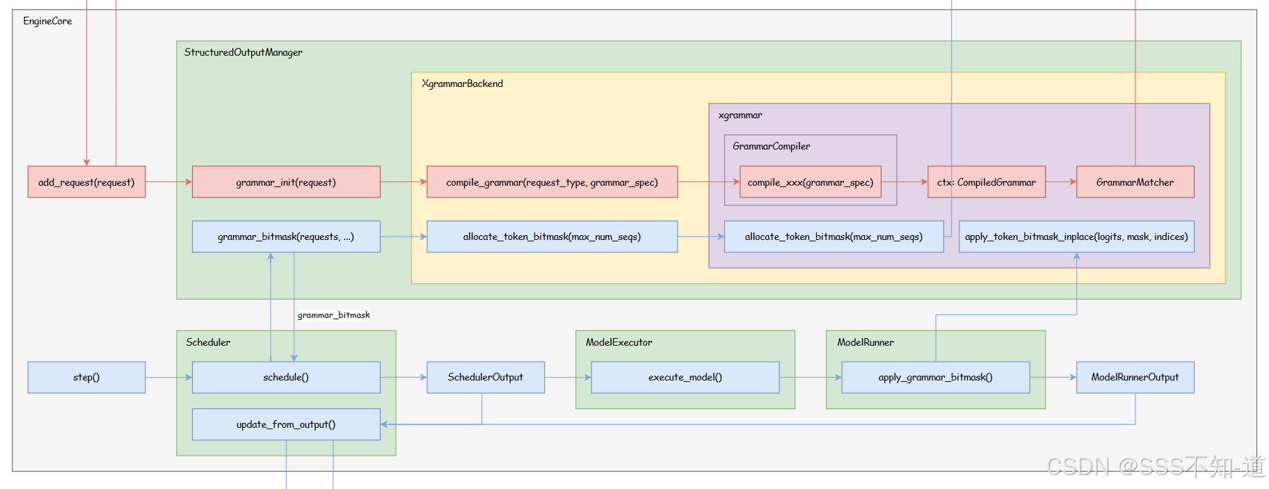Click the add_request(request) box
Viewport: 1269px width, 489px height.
pos(86,182)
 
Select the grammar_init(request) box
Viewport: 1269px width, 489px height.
pos(286,182)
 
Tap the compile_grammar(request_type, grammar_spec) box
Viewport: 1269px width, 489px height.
pos(552,182)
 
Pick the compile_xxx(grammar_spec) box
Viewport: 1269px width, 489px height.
pos(810,182)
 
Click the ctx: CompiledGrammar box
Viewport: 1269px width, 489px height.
pos(986,182)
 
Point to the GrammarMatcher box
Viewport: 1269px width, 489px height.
pos(1135,182)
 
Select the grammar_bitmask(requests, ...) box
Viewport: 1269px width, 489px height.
pos(286,237)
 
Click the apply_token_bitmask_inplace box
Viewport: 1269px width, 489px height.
pos(1076,237)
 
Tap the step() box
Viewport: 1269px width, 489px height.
pos(86,377)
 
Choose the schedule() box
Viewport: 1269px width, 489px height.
pos(286,377)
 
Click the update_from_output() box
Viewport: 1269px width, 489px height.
pos(286,424)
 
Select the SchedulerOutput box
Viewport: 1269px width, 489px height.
pos(485,377)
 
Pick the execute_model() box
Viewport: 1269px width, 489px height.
pos(685,377)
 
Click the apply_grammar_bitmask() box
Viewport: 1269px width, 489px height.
pos(935,377)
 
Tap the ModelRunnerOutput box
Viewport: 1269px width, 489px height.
pos(1135,377)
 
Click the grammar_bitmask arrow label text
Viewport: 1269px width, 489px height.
pos(334,315)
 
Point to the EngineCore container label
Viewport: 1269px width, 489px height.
pos(47,21)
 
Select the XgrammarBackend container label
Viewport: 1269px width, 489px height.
pos(462,83)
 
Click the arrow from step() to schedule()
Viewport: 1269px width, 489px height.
pos(168,377)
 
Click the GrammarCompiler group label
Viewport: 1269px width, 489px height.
pos(771,146)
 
